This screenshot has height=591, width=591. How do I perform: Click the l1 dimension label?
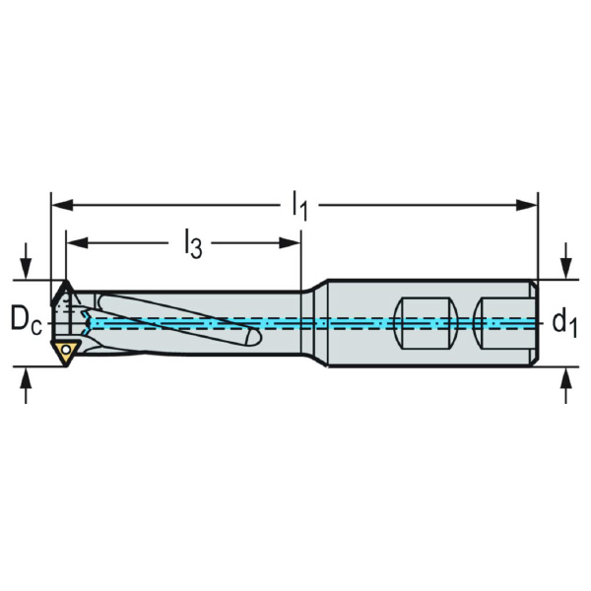[300, 206]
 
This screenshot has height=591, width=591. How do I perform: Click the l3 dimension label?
[193, 243]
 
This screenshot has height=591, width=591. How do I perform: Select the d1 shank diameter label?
[564, 323]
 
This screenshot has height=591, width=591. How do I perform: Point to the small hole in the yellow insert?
[66, 350]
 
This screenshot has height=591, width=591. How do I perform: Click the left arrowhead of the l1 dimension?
[62, 206]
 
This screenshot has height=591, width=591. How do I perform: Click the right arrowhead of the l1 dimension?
[527, 206]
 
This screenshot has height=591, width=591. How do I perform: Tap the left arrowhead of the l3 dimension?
[77, 243]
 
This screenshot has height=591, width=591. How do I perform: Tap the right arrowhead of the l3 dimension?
[290, 243]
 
